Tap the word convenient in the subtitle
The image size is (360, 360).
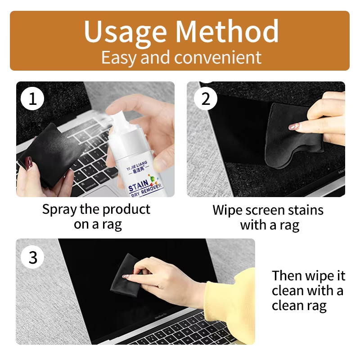tap(218, 58)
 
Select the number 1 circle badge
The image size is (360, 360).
tap(32, 99)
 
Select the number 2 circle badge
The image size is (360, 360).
tap(206, 99)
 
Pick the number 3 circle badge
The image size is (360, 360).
tap(32, 257)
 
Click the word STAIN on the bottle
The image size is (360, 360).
tap(139, 186)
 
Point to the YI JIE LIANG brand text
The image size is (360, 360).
tap(137, 165)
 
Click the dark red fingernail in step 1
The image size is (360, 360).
tap(29, 162)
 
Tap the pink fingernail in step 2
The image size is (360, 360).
tap(294, 126)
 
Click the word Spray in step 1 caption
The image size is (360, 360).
tap(60, 210)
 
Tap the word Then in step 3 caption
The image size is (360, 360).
tap(285, 275)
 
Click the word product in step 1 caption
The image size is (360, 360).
tap(126, 210)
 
